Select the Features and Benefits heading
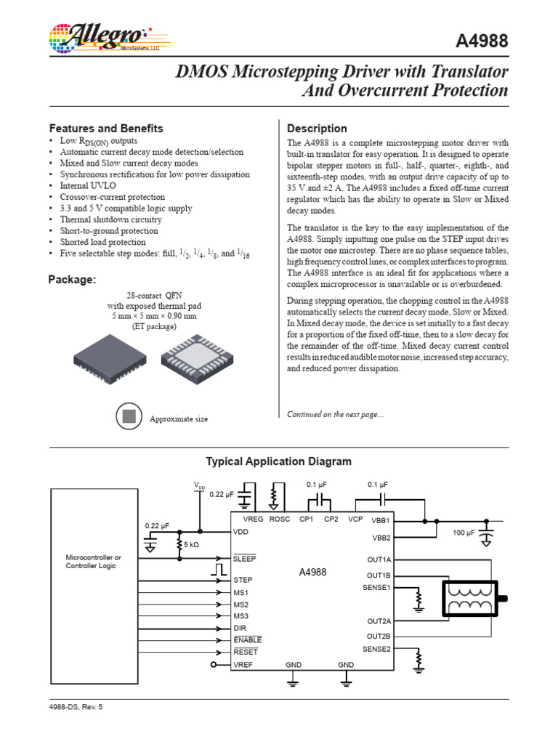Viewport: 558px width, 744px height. coord(106,129)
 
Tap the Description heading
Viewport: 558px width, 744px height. coord(318,129)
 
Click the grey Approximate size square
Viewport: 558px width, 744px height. coord(129,417)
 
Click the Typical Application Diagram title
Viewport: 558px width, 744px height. coord(279,461)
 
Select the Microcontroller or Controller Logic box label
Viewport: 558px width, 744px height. coord(94,561)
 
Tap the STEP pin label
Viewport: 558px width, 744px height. coord(243,581)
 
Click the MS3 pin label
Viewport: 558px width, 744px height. coord(241,616)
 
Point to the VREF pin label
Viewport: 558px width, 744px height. coord(243,665)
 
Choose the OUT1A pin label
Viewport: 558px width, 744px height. coord(379,559)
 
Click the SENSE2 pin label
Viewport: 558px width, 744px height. coord(376,648)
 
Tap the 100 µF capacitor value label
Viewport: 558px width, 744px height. coord(463,533)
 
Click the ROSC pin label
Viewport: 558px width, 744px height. coord(280,519)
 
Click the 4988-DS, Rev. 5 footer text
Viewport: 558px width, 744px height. coord(76,705)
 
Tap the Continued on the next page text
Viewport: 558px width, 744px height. coord(335,414)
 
